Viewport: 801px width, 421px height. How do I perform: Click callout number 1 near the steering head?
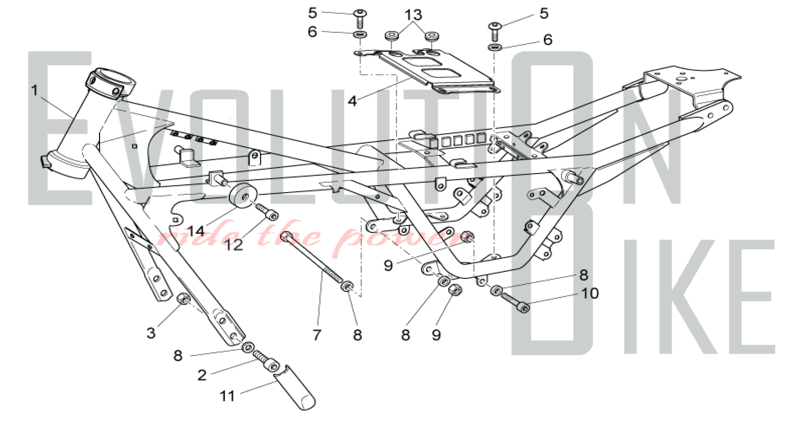(34, 90)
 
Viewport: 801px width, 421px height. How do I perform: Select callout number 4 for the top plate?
(352, 101)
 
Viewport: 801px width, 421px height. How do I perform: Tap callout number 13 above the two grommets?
(413, 15)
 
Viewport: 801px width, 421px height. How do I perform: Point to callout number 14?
(196, 231)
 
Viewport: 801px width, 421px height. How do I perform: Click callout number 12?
(234, 245)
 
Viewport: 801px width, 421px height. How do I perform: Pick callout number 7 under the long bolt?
(317, 334)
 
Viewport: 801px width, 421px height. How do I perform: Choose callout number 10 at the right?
(590, 293)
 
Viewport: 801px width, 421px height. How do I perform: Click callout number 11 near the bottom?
(227, 396)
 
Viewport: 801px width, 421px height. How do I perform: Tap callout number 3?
(151, 333)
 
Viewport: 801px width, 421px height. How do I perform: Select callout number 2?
(202, 375)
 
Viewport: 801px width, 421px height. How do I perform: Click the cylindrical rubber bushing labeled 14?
(243, 196)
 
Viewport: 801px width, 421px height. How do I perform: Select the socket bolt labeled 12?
(267, 212)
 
